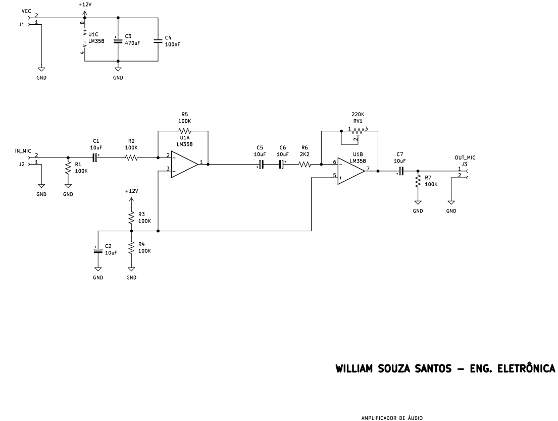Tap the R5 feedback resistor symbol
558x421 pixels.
(x=183, y=130)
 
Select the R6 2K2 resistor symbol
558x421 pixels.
(x=304, y=165)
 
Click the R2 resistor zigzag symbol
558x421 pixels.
(x=131, y=157)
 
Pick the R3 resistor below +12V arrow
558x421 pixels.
(x=131, y=218)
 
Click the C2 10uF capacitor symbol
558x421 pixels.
(x=98, y=250)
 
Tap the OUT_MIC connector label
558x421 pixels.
(x=465, y=157)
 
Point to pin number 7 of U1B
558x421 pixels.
(x=368, y=168)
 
